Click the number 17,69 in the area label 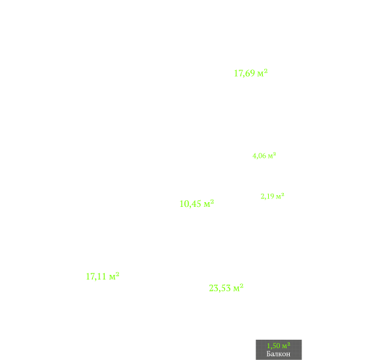tap(245, 73)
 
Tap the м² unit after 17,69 tap(262, 73)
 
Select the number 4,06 tap(259, 156)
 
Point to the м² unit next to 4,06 tap(272, 156)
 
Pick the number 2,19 tap(267, 196)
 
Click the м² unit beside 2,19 tap(280, 196)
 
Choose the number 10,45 tap(190, 204)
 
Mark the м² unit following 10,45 tap(209, 204)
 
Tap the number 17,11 tap(96, 276)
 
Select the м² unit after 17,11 tap(114, 276)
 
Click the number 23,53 tap(220, 288)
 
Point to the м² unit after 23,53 tap(239, 287)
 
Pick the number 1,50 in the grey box tap(273, 346)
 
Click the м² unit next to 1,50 tap(286, 346)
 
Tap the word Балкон tap(279, 353)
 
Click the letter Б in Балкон tap(269, 353)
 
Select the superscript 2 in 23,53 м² tap(241, 285)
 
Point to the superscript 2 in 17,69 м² tap(265, 71)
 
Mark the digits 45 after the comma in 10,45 tap(197, 204)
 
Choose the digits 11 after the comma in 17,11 tap(102, 276)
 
